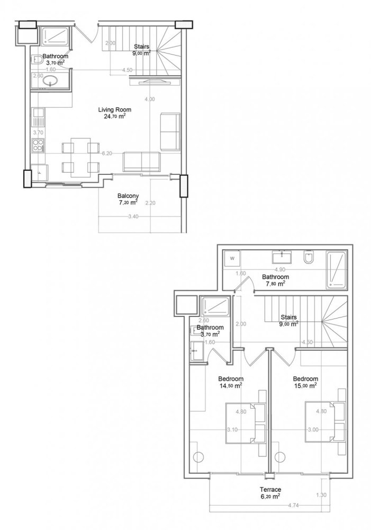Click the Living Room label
(x=114, y=110)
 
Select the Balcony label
(x=128, y=195)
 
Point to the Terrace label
(x=270, y=489)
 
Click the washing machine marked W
(x=232, y=259)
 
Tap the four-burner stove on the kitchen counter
(x=39, y=144)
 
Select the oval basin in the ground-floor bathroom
(x=51, y=82)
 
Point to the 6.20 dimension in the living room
(x=106, y=153)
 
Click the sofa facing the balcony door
(x=141, y=161)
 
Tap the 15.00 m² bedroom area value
(x=305, y=386)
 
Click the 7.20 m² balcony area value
(x=128, y=202)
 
